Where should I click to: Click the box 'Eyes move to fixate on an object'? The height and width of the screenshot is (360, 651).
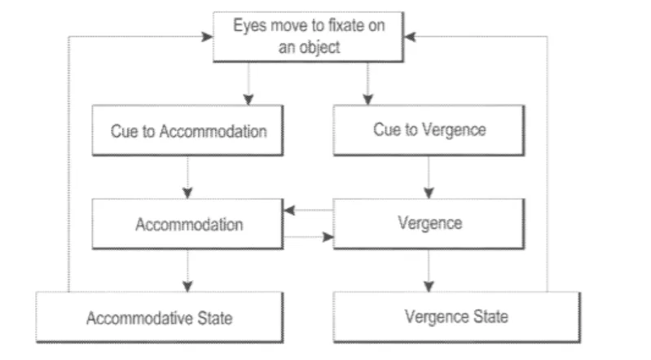(x=308, y=37)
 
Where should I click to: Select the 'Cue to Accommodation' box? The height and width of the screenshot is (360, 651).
(x=187, y=130)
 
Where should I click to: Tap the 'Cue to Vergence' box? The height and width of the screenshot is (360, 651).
(x=429, y=130)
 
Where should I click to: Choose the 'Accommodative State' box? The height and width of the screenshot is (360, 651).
(x=160, y=317)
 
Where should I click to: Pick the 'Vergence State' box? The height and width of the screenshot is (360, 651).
(x=457, y=317)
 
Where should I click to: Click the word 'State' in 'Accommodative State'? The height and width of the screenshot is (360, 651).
(x=214, y=318)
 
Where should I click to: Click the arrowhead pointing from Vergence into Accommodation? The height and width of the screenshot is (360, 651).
(x=289, y=210)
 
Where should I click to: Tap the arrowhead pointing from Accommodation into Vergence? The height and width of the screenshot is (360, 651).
(x=328, y=237)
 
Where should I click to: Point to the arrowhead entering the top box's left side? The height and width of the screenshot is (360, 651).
(x=207, y=37)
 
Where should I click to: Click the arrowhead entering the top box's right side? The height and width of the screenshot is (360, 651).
(x=410, y=37)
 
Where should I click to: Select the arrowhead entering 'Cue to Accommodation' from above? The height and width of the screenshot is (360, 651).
(x=249, y=99)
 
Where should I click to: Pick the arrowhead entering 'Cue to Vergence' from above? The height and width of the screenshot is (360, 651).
(x=367, y=99)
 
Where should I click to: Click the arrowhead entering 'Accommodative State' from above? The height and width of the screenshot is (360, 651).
(x=187, y=286)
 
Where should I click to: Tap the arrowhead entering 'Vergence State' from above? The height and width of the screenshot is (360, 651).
(x=429, y=286)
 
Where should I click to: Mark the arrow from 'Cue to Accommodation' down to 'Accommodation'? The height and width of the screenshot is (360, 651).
(x=187, y=178)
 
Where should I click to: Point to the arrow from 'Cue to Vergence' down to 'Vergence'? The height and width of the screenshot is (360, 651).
(x=429, y=178)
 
